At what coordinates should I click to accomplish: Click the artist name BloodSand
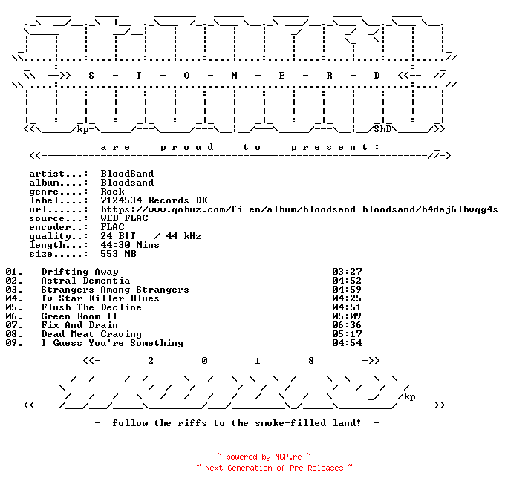[127, 174]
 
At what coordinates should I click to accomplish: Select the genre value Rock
[112, 192]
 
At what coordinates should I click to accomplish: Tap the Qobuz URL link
[299, 209]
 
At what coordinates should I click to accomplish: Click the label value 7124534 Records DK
[154, 200]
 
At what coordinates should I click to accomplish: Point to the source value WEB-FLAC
[124, 218]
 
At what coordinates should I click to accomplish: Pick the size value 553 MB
[118, 254]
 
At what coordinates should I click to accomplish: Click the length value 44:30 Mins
[130, 245]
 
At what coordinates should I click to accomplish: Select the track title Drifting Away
[80, 272]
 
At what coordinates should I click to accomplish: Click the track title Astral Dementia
[85, 281]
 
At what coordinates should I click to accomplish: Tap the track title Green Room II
[79, 316]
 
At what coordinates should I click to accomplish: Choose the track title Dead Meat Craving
[92, 334]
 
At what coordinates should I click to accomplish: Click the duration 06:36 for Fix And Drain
[347, 325]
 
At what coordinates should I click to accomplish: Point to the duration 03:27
[347, 272]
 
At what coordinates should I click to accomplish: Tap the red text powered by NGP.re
[264, 457]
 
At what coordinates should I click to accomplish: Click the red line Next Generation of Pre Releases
[274, 468]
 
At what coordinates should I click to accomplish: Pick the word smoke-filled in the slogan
[290, 423]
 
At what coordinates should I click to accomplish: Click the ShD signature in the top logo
[382, 129]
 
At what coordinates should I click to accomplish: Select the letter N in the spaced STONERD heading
[234, 76]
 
